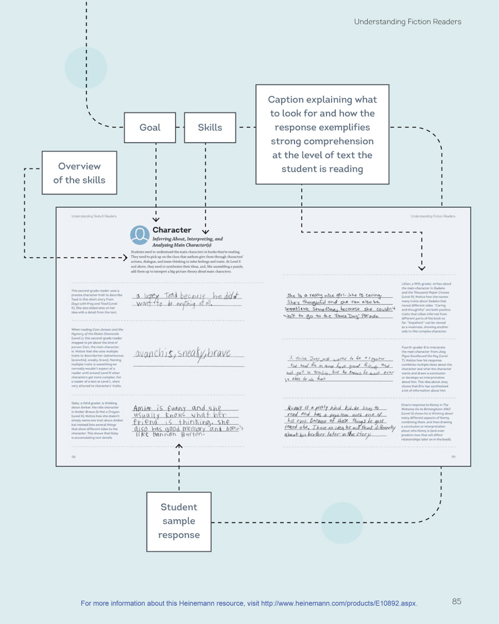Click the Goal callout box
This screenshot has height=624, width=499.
[x=150, y=128]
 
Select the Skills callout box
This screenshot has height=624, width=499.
[x=210, y=128]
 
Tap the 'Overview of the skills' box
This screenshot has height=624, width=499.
[x=79, y=173]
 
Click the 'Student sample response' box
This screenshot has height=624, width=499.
[x=179, y=521]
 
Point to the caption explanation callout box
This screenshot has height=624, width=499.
[x=322, y=134]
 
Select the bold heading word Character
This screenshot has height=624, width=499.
[x=172, y=230]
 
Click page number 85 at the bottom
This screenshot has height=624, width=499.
[x=456, y=601]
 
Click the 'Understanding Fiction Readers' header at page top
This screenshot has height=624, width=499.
[x=408, y=22]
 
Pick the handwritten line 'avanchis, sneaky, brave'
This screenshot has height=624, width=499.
[x=182, y=353]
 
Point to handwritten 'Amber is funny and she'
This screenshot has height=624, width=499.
[x=169, y=409]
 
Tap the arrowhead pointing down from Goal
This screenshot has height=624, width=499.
[x=156, y=220]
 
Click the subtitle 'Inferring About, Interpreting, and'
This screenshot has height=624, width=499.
[x=187, y=239]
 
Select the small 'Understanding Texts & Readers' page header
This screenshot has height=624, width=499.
[x=94, y=216]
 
